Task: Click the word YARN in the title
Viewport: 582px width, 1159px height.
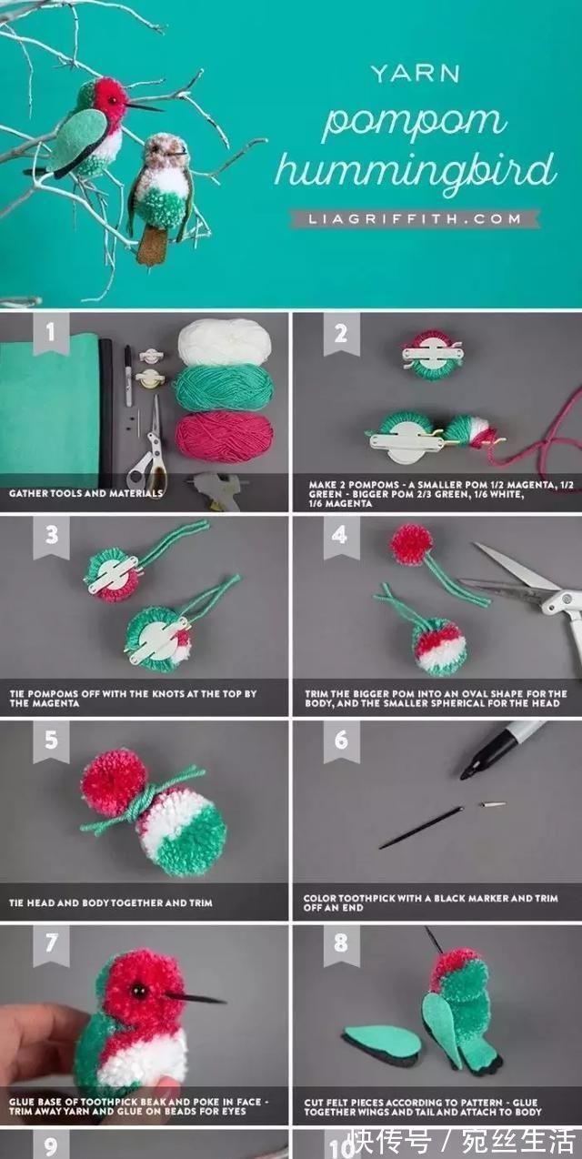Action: (x=415, y=74)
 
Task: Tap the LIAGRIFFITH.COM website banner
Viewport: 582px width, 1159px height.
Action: (x=415, y=219)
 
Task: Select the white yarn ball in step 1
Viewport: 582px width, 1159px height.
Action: (x=225, y=341)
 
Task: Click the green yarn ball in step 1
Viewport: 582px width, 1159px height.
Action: (x=224, y=388)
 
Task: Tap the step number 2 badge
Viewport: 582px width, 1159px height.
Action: (x=341, y=334)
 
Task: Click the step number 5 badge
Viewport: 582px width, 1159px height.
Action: (x=51, y=741)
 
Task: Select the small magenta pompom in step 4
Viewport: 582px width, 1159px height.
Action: (x=411, y=544)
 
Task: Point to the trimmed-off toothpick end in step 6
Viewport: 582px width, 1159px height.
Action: (x=493, y=805)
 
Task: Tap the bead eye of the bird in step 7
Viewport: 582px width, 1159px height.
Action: (x=139, y=991)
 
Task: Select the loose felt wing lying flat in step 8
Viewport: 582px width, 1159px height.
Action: (x=381, y=1043)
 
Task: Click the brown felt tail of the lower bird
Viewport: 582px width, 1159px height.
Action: (x=152, y=245)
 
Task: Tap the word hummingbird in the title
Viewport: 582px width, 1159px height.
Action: (x=416, y=172)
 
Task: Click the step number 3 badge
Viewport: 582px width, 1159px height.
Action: (x=51, y=536)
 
